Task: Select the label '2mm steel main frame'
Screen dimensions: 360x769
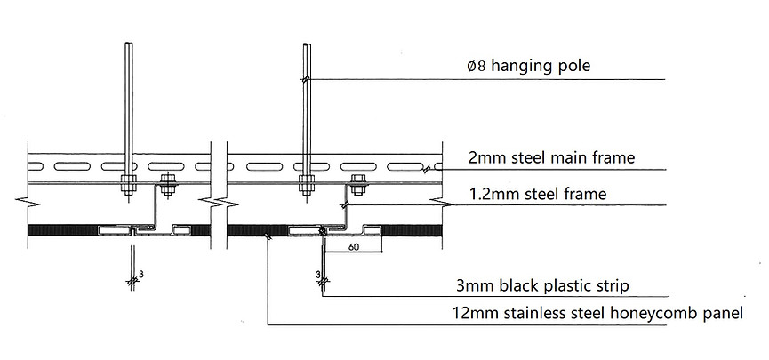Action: pos(551,159)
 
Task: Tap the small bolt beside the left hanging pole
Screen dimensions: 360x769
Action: pos(165,186)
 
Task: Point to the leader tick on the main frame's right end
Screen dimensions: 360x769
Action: pos(429,167)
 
